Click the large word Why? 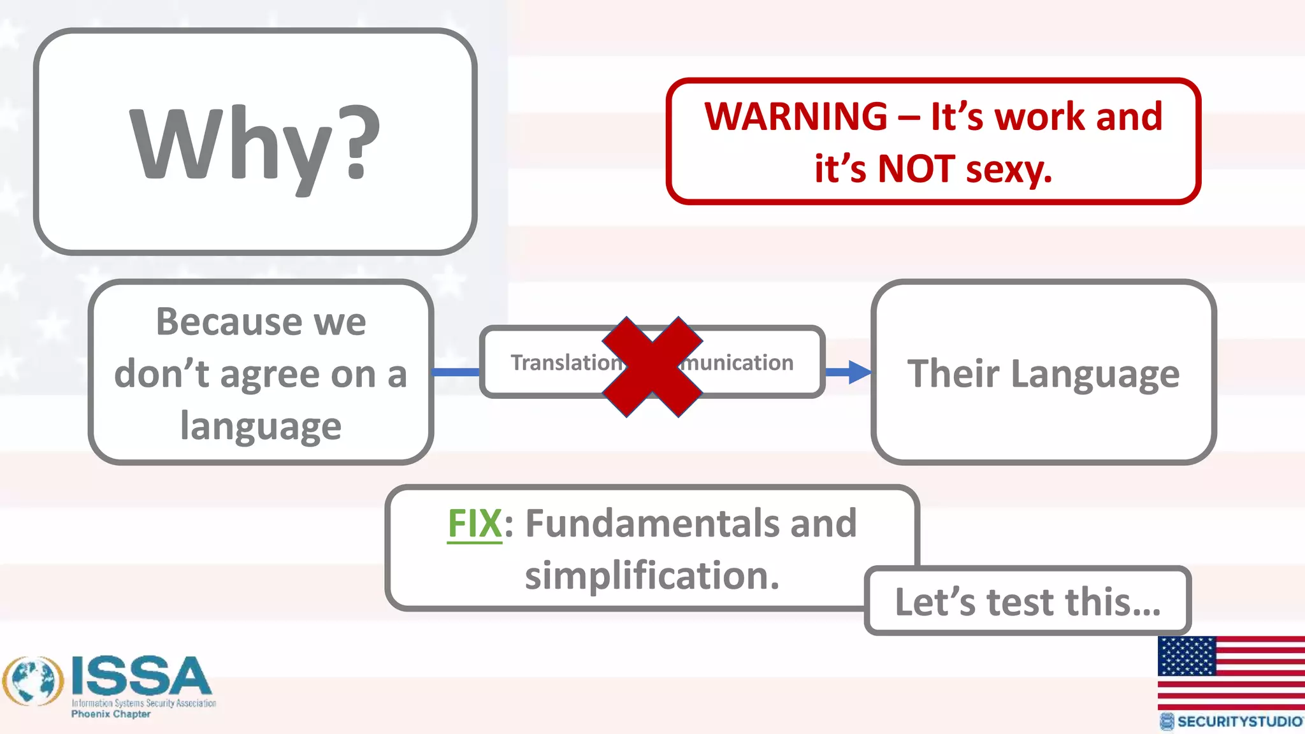click(x=255, y=145)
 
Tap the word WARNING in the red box click(x=796, y=117)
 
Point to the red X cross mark click(x=652, y=367)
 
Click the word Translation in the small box click(x=565, y=363)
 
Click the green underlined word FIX click(x=475, y=524)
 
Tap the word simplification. click(x=651, y=576)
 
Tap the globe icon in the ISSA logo click(x=33, y=681)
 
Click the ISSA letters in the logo click(x=141, y=677)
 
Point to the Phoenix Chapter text click(x=111, y=714)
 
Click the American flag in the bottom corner click(x=1230, y=672)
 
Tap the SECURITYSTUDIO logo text click(x=1239, y=721)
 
